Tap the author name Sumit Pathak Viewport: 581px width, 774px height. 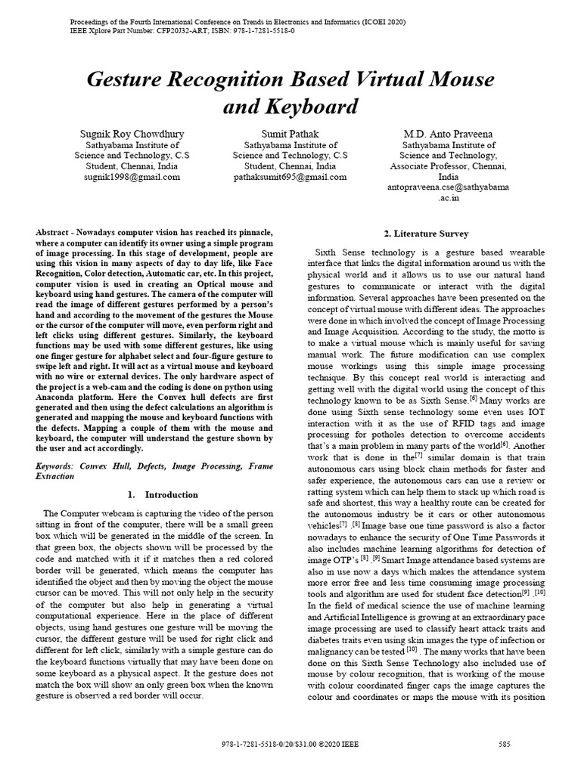tap(290, 134)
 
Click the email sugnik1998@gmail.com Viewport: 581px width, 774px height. tap(132, 177)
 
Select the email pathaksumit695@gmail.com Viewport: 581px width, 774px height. tap(290, 177)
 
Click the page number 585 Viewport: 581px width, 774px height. tap(505, 745)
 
